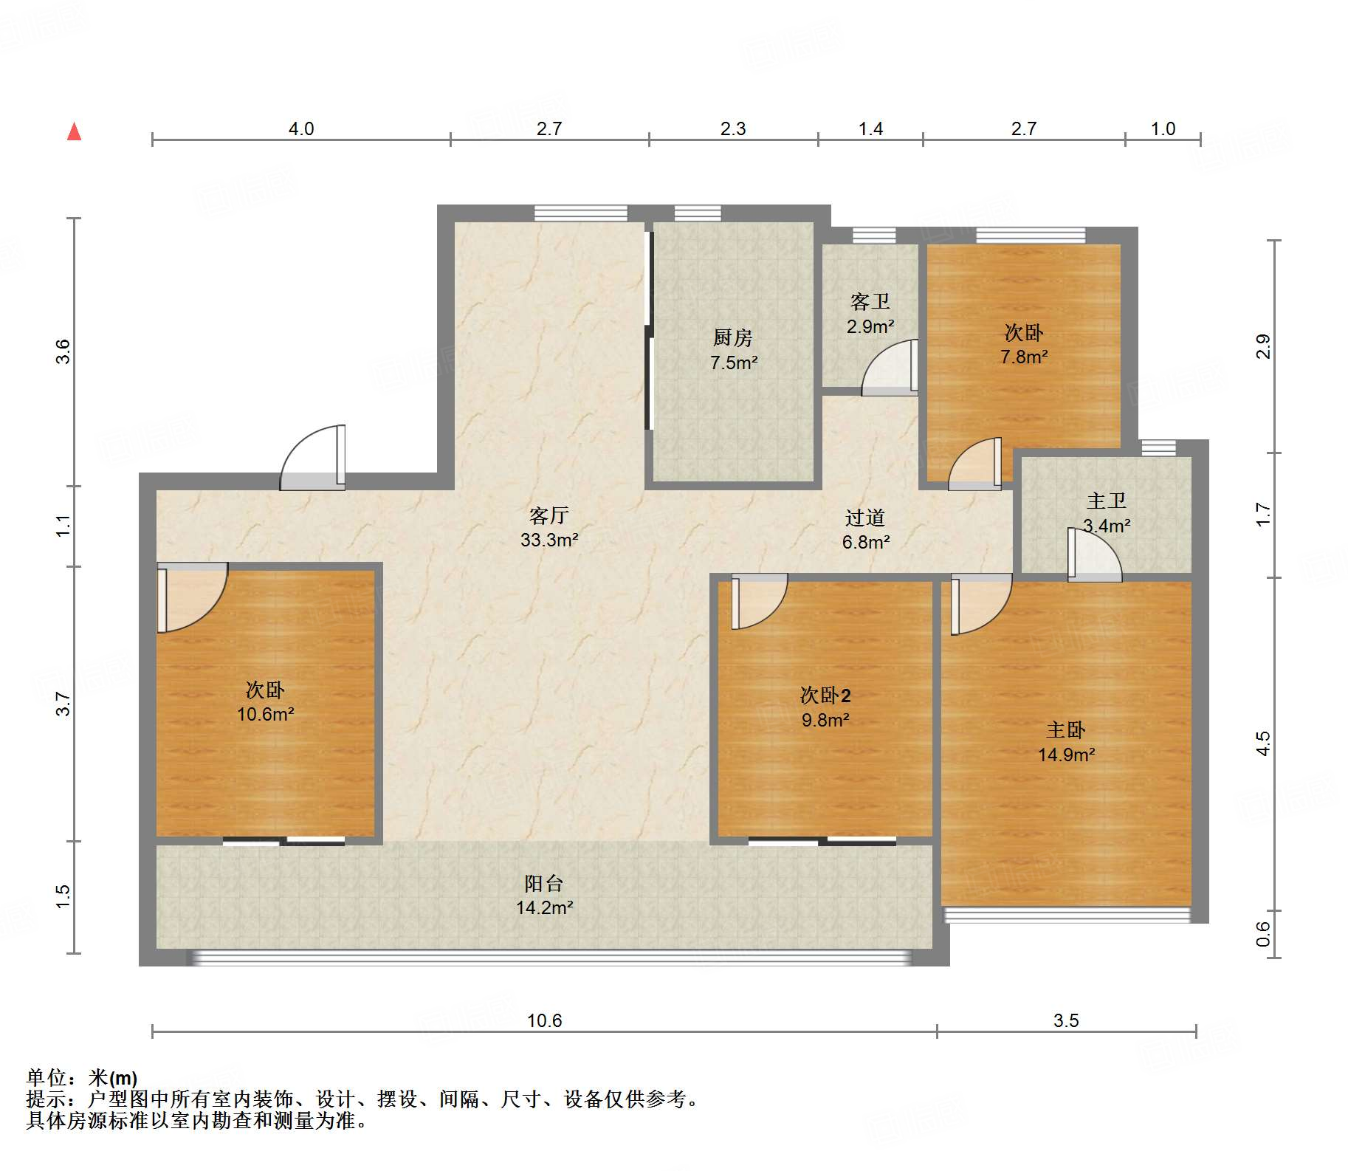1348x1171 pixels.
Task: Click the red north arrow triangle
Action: click(74, 131)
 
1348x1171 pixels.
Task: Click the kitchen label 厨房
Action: click(732, 337)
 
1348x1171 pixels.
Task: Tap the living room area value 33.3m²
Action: click(549, 540)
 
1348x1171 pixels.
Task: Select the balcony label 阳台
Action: click(544, 883)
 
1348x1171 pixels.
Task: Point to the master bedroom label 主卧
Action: click(1066, 730)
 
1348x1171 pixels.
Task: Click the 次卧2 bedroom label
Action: click(825, 695)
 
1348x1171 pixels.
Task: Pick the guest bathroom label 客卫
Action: click(870, 301)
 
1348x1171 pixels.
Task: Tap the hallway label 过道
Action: click(865, 518)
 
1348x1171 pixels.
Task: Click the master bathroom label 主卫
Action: click(1107, 501)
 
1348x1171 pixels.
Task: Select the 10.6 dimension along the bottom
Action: click(544, 1020)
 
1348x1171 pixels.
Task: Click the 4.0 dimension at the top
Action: click(301, 129)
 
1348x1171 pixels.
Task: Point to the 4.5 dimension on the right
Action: click(1263, 744)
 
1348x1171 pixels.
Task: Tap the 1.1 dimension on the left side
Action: click(63, 526)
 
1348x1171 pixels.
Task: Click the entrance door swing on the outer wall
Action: click(313, 457)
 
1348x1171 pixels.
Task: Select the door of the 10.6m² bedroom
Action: click(192, 598)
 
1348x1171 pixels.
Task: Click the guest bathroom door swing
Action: click(890, 367)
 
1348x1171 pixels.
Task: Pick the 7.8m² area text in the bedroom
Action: click(1024, 357)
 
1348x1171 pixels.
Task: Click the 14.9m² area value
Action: click(1066, 755)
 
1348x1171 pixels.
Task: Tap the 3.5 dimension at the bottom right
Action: click(1066, 1020)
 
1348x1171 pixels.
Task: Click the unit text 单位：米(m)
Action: click(82, 1078)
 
